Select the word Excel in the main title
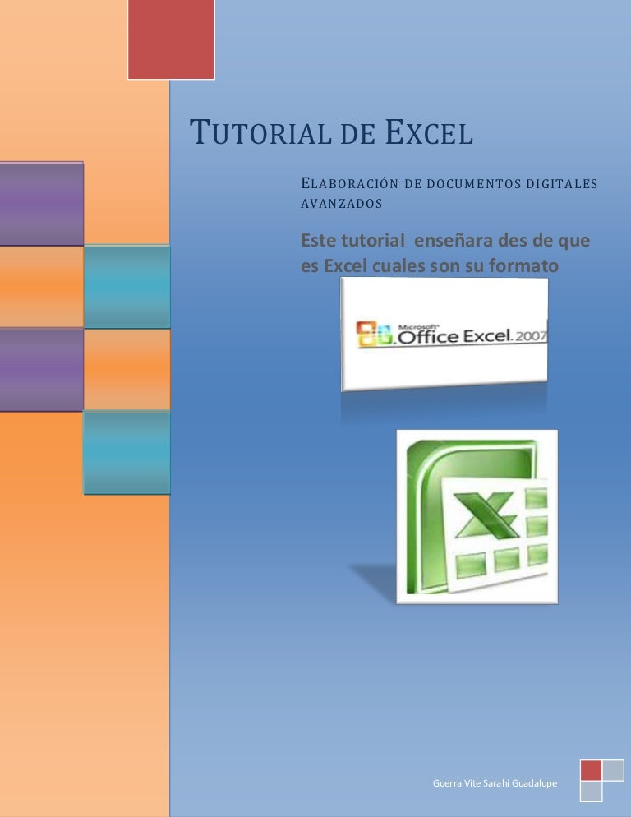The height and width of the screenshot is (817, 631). tap(430, 134)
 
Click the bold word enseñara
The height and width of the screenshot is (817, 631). tap(458, 241)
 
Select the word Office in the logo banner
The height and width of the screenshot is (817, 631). tap(428, 336)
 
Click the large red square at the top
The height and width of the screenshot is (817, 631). tap(171, 39)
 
